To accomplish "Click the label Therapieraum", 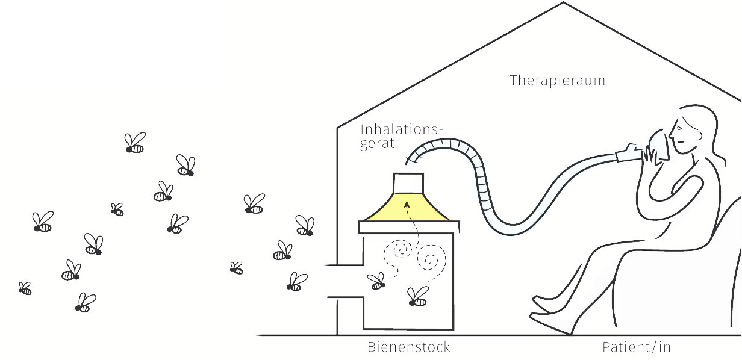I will (556, 80).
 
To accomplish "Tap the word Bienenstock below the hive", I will (408, 347).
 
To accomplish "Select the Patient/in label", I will (636, 347).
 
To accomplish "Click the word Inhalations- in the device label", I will (402, 129).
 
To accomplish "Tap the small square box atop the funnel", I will (408, 182).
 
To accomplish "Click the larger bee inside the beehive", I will (417, 296).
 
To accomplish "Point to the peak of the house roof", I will (563, 3).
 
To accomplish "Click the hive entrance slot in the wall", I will (343, 281).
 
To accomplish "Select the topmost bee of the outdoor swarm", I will (136, 143).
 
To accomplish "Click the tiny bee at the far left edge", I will (25, 288).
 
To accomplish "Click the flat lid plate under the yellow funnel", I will (410, 227).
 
